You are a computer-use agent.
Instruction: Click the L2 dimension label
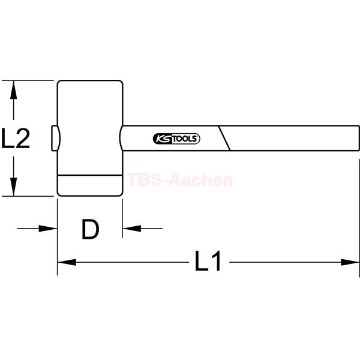(16, 138)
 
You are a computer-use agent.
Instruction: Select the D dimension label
(91, 229)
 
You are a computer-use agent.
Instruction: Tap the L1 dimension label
(208, 261)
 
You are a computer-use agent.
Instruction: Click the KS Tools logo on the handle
(176, 139)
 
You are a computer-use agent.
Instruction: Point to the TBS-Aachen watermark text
(180, 179)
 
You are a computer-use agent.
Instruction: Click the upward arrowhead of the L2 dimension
(14, 90)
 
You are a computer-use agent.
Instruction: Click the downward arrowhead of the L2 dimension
(14, 187)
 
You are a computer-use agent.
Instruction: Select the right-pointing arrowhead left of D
(48, 229)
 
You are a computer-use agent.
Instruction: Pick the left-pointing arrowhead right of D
(132, 229)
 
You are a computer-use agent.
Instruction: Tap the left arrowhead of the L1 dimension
(67, 262)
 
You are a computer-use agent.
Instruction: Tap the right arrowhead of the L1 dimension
(350, 262)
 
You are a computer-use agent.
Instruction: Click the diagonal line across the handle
(224, 138)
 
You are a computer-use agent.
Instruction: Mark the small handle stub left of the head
(55, 138)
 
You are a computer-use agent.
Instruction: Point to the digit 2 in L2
(23, 138)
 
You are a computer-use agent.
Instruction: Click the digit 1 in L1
(217, 261)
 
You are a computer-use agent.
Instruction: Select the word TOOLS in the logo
(185, 139)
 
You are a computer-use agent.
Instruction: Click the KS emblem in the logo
(163, 139)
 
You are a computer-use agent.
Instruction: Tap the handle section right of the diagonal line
(292, 138)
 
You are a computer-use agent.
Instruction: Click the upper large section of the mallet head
(90, 128)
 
